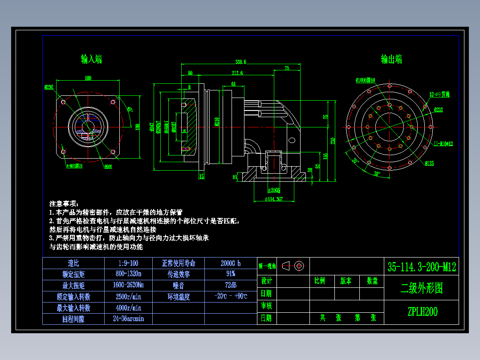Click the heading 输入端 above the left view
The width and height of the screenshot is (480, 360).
(x=91, y=59)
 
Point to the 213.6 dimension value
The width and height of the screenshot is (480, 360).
(x=237, y=73)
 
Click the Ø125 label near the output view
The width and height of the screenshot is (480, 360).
(x=430, y=163)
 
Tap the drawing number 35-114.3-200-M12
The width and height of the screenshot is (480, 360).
(x=421, y=267)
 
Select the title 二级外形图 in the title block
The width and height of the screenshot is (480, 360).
(x=421, y=288)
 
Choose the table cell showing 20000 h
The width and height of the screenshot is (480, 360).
(x=231, y=263)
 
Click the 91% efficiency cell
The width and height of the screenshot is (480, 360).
(x=231, y=274)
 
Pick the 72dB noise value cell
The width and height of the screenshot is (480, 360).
(x=231, y=285)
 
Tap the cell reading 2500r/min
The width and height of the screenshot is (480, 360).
(x=128, y=296)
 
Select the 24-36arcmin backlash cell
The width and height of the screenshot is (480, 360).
(x=128, y=319)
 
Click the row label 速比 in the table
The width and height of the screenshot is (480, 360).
(x=73, y=263)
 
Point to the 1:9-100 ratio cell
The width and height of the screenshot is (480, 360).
(x=128, y=263)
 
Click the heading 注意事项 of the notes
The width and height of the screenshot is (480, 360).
(x=63, y=204)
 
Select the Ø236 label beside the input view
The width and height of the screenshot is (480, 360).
(x=49, y=87)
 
